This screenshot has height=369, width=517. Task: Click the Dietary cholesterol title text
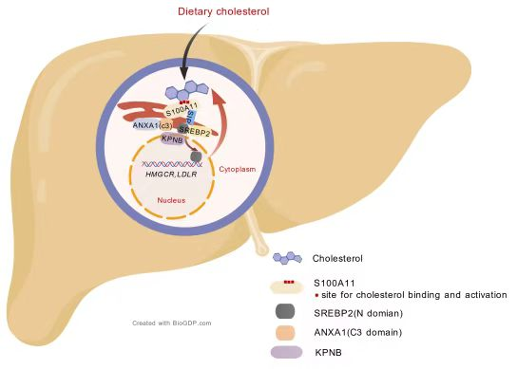[223, 11]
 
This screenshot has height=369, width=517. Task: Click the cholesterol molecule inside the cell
[187, 90]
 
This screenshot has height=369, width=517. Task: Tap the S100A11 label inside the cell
[182, 109]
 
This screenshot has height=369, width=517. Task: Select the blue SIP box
[191, 117]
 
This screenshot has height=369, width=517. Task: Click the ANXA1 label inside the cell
[153, 125]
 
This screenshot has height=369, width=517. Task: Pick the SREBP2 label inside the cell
[195, 131]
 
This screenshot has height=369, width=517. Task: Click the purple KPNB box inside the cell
[172, 138]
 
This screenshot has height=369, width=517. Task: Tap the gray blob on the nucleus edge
[196, 156]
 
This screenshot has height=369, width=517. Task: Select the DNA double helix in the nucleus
[172, 164]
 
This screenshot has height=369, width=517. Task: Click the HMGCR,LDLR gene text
[171, 175]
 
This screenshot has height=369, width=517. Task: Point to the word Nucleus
[171, 200]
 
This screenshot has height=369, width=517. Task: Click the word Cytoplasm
[238, 169]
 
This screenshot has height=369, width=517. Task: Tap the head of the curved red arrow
[219, 97]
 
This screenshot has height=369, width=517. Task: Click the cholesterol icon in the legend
[288, 258]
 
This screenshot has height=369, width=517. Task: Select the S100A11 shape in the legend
[287, 287]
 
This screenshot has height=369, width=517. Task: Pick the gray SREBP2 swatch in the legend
[285, 311]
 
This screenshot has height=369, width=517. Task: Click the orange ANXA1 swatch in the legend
[285, 332]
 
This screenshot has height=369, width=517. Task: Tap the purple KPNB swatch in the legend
[286, 352]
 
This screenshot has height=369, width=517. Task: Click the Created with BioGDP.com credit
[172, 323]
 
